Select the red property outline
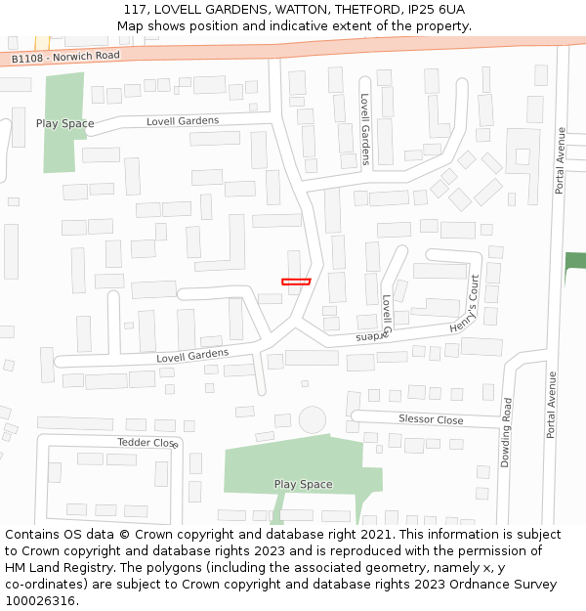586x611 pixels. coord(296,282)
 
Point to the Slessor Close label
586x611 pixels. coord(431,419)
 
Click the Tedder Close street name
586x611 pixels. coord(147,442)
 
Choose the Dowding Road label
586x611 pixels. coord(506,432)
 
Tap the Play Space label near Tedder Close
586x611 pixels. coord(303,484)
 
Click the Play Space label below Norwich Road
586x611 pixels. coord(64,123)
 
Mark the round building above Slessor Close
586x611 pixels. coord(313,420)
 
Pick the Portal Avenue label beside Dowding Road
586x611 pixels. coord(552,404)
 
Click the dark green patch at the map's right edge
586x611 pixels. coord(575,261)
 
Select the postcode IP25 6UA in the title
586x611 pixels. coord(435,10)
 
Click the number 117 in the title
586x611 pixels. coord(135,10)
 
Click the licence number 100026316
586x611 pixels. coord(40,600)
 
